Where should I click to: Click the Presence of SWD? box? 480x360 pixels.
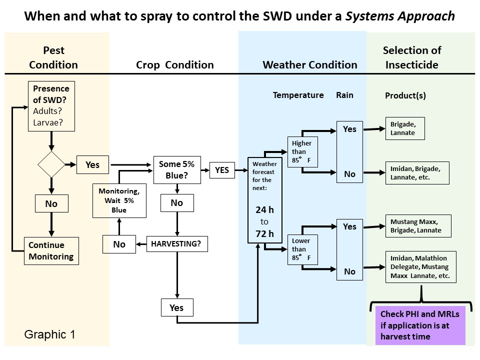pos(51,105)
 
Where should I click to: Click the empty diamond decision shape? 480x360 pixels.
pos(51,164)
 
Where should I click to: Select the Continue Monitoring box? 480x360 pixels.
pos(51,250)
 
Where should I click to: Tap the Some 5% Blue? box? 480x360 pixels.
pos(176,170)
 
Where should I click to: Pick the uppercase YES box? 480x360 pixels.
pos(222,170)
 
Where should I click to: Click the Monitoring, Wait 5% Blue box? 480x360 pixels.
pos(119,200)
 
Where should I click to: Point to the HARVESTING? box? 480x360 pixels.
pos(176,244)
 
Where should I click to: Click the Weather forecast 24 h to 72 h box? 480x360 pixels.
pos(264,200)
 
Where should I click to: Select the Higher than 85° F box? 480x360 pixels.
pos(301,151)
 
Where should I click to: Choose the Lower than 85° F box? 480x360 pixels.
pos(301,249)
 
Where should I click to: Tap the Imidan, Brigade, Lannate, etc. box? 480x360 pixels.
pos(416,173)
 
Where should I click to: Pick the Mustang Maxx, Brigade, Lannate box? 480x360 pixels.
pos(418,226)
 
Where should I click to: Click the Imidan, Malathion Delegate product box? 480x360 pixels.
pos(420,267)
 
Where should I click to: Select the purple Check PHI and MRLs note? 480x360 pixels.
pos(420,325)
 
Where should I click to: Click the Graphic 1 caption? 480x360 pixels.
pos(50,334)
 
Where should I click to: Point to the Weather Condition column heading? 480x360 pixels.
pos(310,65)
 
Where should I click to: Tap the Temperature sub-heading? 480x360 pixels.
pos(298,95)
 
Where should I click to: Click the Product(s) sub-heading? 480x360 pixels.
pos(405,95)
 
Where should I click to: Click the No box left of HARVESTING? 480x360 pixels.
pos(119,244)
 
